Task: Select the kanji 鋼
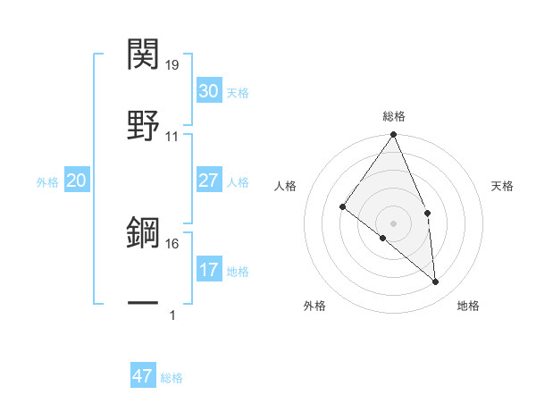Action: click(x=145, y=234)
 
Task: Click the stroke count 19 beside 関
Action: click(x=172, y=65)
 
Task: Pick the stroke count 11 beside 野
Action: click(x=172, y=137)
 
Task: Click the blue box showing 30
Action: click(x=208, y=91)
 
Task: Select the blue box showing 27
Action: click(x=208, y=181)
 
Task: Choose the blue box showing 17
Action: click(x=208, y=270)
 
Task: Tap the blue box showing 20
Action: click(x=77, y=181)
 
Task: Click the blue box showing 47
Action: click(x=143, y=376)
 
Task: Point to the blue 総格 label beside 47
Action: click(x=172, y=378)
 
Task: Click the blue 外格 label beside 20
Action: click(x=47, y=182)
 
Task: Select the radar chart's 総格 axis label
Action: click(x=394, y=116)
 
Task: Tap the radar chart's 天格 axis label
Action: click(x=503, y=186)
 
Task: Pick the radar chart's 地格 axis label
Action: click(x=468, y=306)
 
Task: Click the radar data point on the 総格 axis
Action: click(x=394, y=135)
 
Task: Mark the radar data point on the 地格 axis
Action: click(x=436, y=281)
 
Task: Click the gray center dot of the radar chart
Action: click(x=394, y=223)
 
